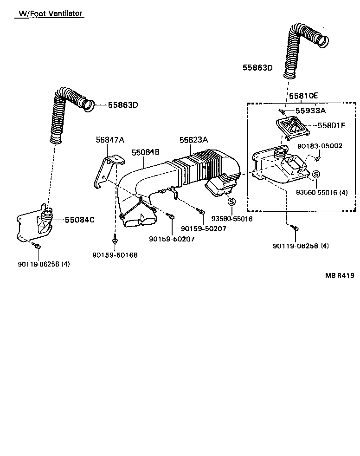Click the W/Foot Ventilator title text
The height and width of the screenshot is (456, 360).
[49, 13]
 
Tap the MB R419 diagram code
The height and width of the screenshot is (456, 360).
[340, 275]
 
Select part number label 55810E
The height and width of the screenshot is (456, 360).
[303, 96]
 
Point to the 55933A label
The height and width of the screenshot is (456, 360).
[311, 111]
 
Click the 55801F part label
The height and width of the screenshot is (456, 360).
[331, 125]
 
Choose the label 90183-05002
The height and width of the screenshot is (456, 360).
[320, 146]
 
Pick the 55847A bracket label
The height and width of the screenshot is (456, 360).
[110, 140]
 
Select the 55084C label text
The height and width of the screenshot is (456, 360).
[79, 220]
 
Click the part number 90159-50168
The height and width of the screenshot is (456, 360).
[115, 255]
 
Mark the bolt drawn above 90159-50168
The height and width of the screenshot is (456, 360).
[115, 239]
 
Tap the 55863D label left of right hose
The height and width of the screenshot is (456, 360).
[257, 68]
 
